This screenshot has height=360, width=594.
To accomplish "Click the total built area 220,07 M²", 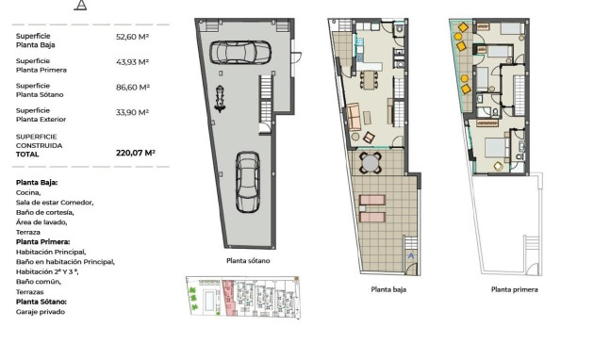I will [x=135, y=152].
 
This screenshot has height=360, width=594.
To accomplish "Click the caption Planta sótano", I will [x=248, y=261].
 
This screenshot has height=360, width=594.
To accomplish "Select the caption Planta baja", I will [x=388, y=290].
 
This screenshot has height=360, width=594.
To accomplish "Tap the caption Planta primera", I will [x=514, y=290].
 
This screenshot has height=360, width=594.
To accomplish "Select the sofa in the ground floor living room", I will [x=354, y=117].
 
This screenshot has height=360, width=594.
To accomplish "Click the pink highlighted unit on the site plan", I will [x=227, y=297].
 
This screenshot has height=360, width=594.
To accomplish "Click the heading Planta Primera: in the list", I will [x=42, y=241].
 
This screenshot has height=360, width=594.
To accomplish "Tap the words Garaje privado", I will [x=41, y=312].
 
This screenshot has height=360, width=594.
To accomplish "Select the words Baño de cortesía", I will [x=44, y=212].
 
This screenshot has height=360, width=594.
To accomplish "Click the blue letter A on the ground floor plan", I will [x=410, y=256].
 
